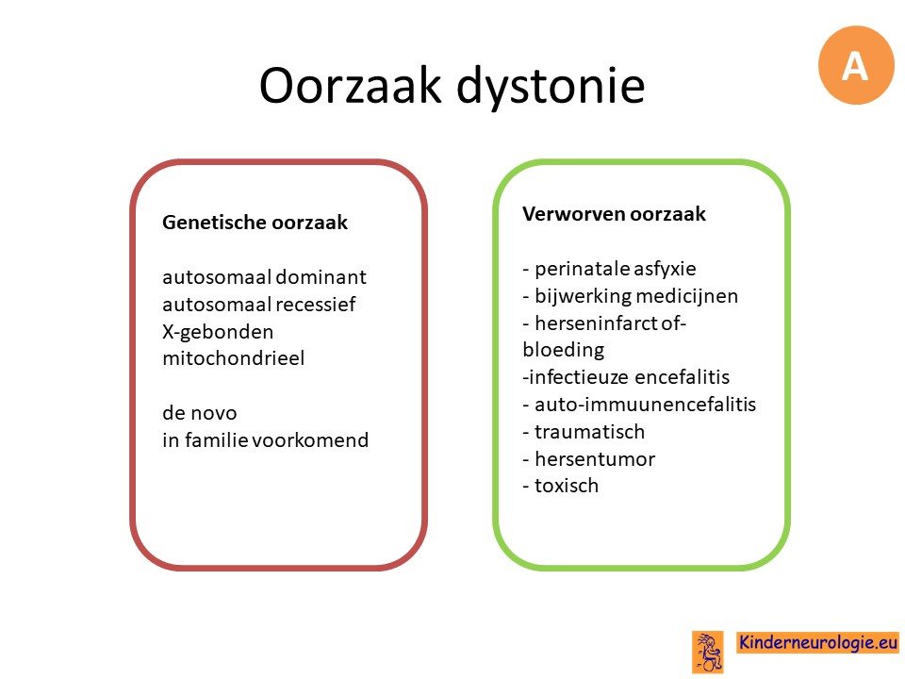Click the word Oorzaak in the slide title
[x=350, y=86]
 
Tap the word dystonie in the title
[x=550, y=87]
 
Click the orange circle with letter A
[x=856, y=65]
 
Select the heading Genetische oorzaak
[x=255, y=223]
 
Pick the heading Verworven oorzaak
[x=614, y=214]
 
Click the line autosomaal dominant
[x=264, y=277]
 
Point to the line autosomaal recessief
[x=258, y=305]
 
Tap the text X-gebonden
[x=218, y=332]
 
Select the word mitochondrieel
[x=233, y=358]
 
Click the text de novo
[x=199, y=413]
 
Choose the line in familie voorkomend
[x=265, y=440]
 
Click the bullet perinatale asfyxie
[x=610, y=269]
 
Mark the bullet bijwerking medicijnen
[x=631, y=296]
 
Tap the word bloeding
[x=564, y=350]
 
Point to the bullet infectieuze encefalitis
[x=626, y=377]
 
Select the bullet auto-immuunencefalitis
[x=639, y=405]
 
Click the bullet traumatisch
[x=584, y=431]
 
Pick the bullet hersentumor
[x=588, y=459]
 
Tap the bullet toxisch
[x=560, y=486]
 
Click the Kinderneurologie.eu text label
[x=818, y=642]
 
